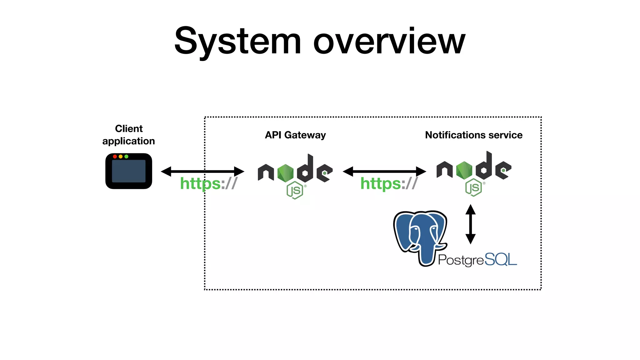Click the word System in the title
(237, 42)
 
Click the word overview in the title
(389, 42)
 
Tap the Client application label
(129, 135)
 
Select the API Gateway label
(295, 135)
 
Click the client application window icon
(129, 172)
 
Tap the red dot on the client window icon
(115, 157)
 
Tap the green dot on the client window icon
(126, 157)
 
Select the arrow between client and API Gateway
(202, 171)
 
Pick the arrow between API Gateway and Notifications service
(384, 171)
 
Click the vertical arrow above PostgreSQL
(470, 224)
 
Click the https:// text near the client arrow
(208, 183)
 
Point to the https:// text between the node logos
(389, 183)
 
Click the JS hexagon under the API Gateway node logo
(295, 190)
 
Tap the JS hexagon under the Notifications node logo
(473, 187)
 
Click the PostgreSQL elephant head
(420, 234)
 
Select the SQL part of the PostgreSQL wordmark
(501, 260)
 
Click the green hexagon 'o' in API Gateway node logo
(285, 173)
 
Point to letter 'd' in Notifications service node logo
(484, 167)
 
